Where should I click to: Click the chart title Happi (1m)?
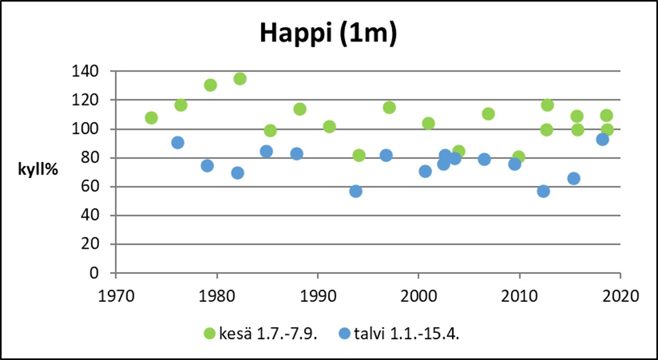click(x=328, y=33)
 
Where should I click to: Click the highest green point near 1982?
click(x=239, y=78)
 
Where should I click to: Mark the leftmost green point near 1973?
click(x=151, y=118)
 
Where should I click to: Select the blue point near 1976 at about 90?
click(x=178, y=142)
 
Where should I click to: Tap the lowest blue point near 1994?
click(x=356, y=191)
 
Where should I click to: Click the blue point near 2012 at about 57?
click(x=543, y=191)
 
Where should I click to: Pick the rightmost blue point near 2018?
click(x=602, y=139)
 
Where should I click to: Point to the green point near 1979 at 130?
click(x=210, y=85)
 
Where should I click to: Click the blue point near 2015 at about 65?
click(x=574, y=178)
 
